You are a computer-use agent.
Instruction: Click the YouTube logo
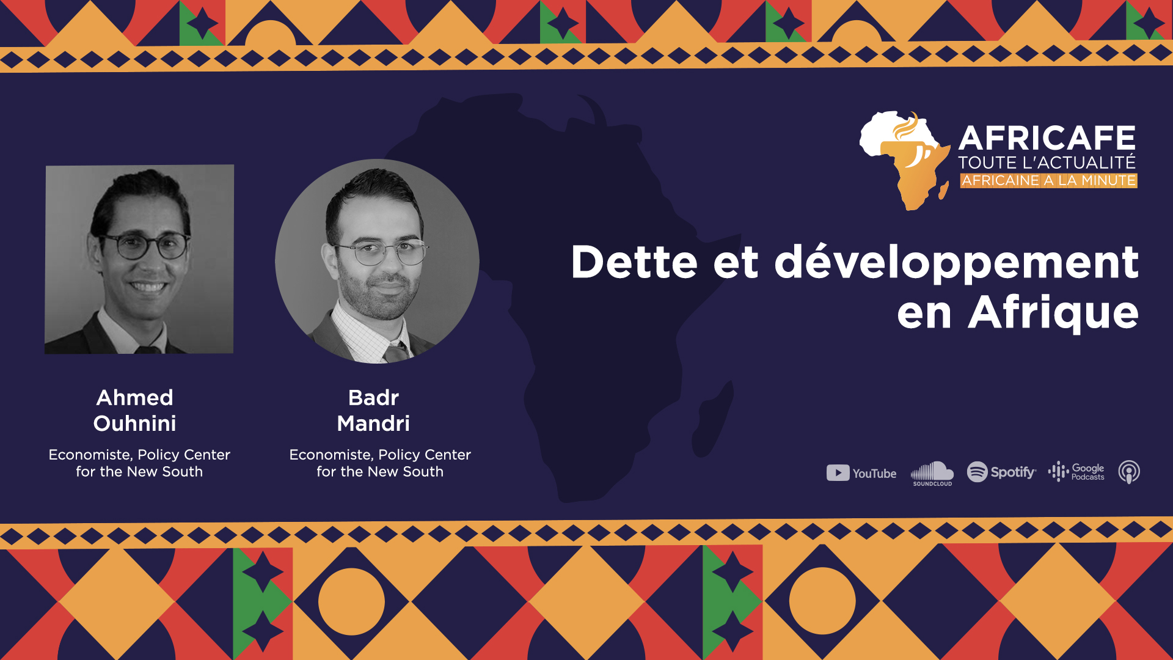(x=861, y=473)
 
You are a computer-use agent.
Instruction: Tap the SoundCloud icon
(x=932, y=474)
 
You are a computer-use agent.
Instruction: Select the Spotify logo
(x=1001, y=472)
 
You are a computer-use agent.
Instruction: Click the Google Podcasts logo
(x=1076, y=472)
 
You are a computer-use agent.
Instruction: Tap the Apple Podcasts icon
(x=1129, y=472)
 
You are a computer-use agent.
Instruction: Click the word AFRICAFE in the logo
(x=1047, y=138)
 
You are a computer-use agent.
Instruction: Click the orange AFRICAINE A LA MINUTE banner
(x=1048, y=180)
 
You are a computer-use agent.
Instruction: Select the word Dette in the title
(x=634, y=262)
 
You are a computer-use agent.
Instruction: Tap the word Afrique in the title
(x=1053, y=313)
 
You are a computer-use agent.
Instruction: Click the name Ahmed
(x=135, y=397)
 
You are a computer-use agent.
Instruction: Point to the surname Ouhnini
(x=135, y=423)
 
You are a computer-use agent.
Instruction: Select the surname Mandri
(x=373, y=423)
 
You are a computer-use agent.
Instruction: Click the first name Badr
(x=373, y=397)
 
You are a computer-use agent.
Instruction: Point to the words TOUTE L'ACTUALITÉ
(x=1047, y=162)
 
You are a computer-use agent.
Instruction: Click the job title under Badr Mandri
(x=380, y=463)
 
